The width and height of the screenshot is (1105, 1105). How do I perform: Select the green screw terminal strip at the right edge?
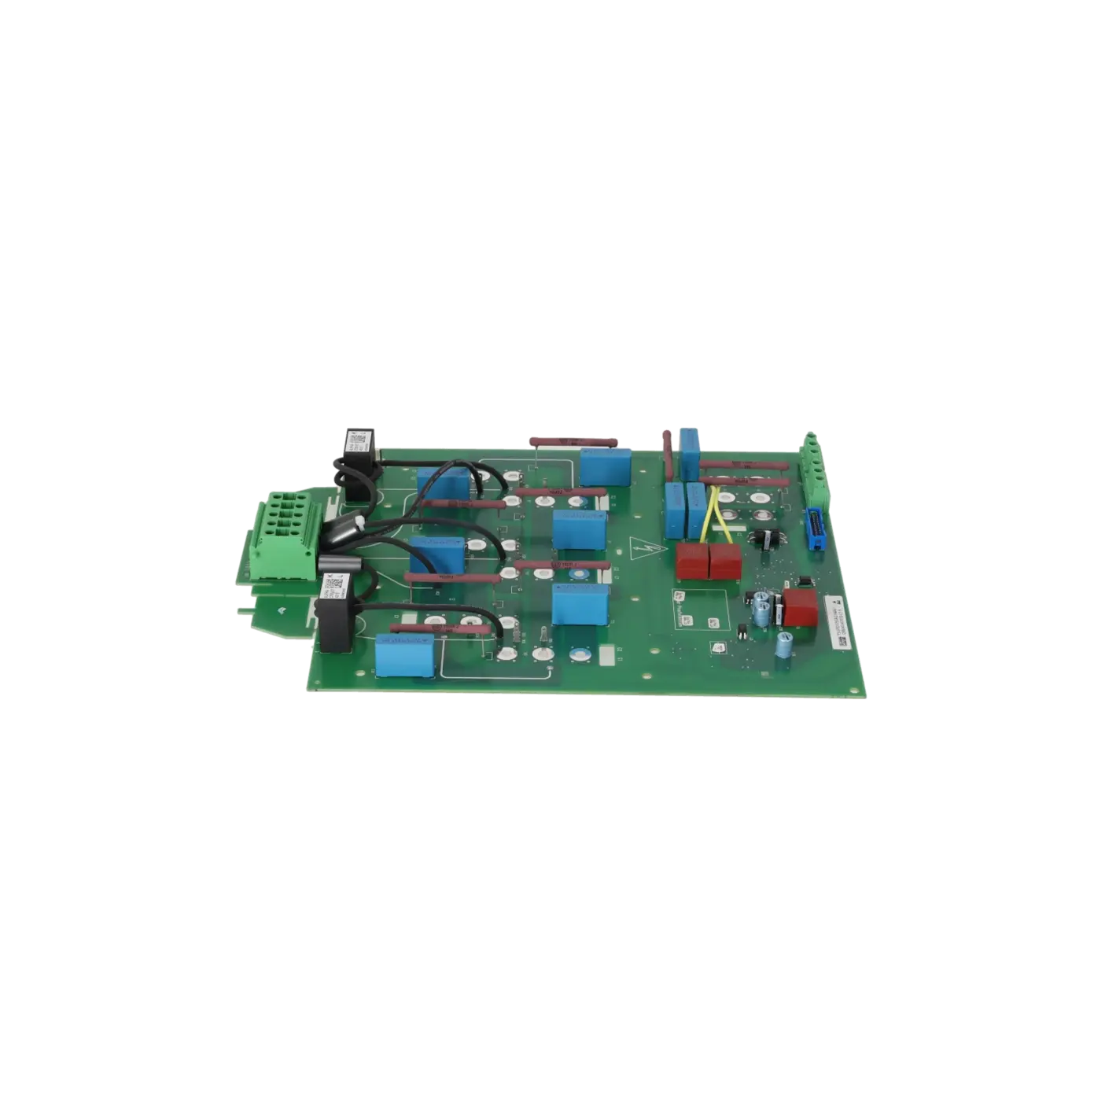coord(812,470)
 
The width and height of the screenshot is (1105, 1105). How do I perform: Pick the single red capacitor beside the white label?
coord(801,609)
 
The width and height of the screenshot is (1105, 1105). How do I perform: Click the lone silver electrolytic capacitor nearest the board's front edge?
coord(783,645)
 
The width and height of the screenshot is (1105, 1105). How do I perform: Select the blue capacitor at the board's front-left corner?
coord(404,656)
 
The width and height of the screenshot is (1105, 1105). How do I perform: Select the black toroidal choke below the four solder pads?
coord(764,539)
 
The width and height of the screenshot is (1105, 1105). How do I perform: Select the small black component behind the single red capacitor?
coord(804,581)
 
